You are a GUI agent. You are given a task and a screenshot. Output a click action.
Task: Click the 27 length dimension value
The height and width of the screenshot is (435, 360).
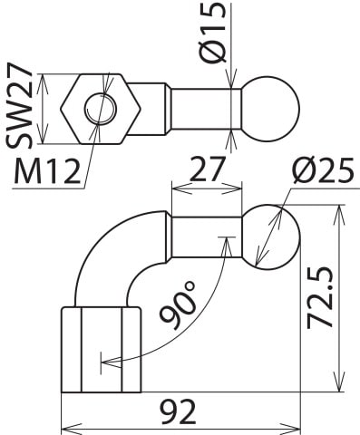207,169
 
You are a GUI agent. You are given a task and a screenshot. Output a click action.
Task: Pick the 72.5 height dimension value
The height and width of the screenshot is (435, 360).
320,299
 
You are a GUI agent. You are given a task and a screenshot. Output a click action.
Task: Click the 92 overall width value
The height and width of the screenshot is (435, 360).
180,412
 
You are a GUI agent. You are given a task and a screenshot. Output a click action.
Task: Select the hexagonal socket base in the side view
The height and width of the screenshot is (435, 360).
100,350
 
